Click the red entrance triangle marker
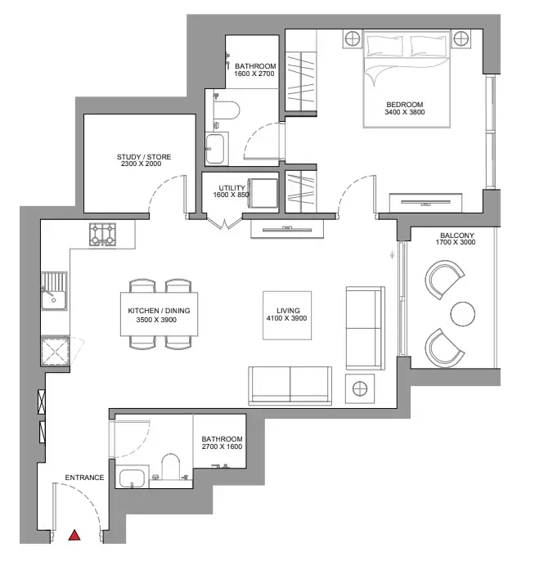74,535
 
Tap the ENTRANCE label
84,478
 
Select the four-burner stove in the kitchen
103,235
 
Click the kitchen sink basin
54,300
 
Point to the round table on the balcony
463,314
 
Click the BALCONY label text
457,236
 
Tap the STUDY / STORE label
144,157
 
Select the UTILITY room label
232,188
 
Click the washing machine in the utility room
263,193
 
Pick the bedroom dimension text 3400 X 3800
405,112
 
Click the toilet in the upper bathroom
226,110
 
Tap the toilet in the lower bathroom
171,467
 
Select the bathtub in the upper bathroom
217,149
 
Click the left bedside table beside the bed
353,38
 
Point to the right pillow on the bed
429,46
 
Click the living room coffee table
287,315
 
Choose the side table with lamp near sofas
360,388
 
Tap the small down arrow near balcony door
392,255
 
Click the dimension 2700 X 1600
222,447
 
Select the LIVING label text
288,311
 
